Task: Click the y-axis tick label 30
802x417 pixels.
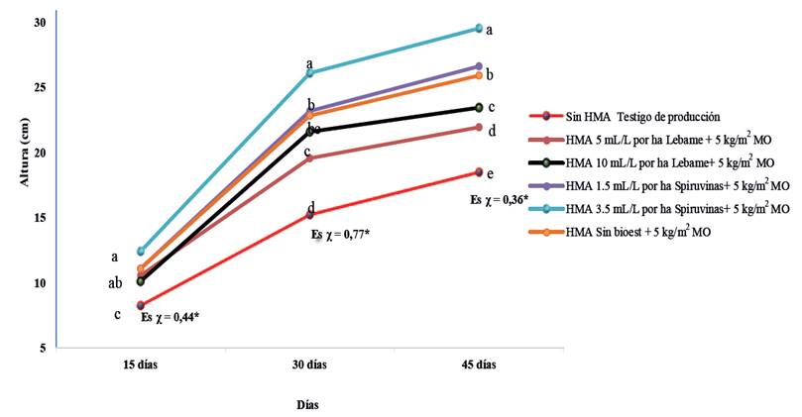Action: pyautogui.click(x=39, y=22)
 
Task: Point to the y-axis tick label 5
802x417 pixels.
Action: pyautogui.click(x=42, y=349)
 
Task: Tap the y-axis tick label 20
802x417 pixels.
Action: pyautogui.click(x=39, y=153)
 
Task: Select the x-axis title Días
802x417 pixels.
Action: pyautogui.click(x=309, y=404)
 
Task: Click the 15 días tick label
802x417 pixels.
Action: pyautogui.click(x=141, y=365)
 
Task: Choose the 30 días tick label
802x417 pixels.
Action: pyautogui.click(x=309, y=365)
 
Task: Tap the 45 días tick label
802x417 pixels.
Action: pyautogui.click(x=478, y=365)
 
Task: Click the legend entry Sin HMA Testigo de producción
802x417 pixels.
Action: pyautogui.click(x=648, y=117)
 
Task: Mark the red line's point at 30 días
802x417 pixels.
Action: pyautogui.click(x=309, y=214)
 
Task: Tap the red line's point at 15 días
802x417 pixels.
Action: pyautogui.click(x=141, y=305)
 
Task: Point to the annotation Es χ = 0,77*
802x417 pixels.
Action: pyautogui.click(x=341, y=236)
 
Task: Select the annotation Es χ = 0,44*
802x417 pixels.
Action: pyautogui.click(x=172, y=318)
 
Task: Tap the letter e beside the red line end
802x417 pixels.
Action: pyautogui.click(x=491, y=174)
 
